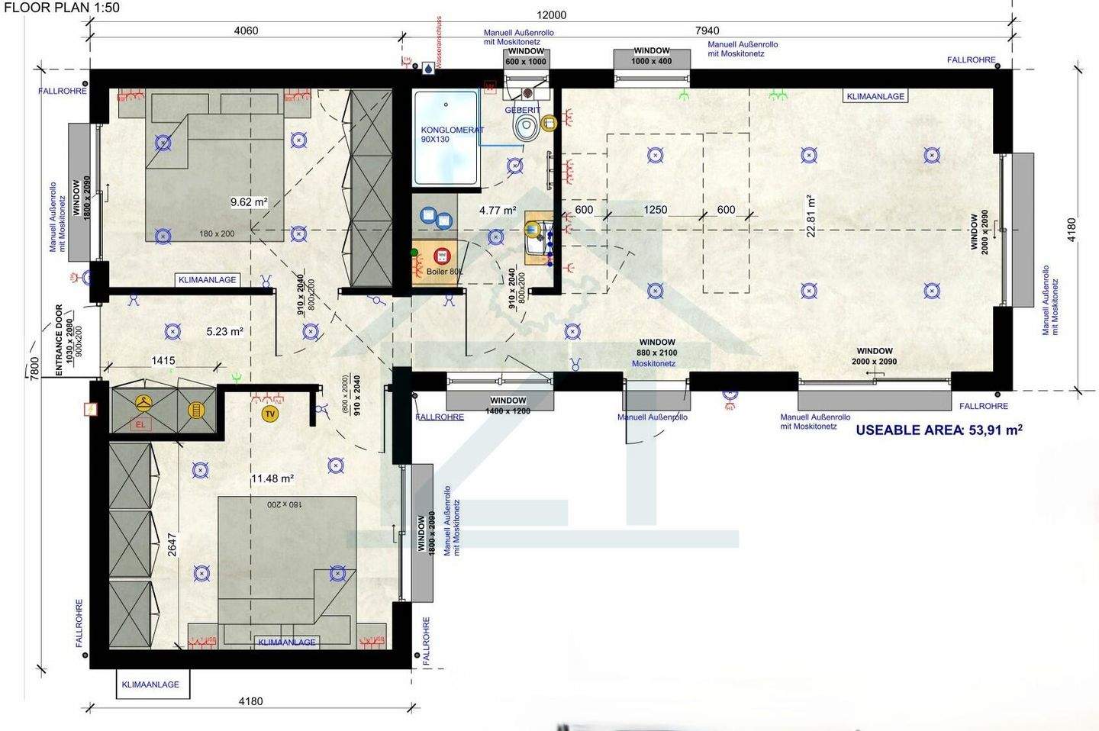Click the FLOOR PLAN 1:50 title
(61, 8)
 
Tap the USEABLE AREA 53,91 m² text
(938, 430)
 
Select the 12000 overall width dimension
(551, 15)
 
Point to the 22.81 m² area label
(811, 216)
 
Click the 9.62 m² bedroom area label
(249, 202)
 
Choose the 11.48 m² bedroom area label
(272, 478)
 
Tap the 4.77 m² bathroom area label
(498, 211)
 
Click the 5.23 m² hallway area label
(224, 332)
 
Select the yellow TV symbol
(269, 414)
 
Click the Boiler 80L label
(443, 272)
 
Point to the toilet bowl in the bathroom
(526, 127)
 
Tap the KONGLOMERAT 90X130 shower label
(452, 134)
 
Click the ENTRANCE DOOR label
(60, 340)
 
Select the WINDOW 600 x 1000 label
(526, 56)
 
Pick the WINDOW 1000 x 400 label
(651, 56)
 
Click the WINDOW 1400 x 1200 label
(508, 405)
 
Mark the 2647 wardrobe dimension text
(172, 544)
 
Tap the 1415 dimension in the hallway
(163, 361)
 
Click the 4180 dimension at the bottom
(250, 701)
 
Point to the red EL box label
(140, 424)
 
